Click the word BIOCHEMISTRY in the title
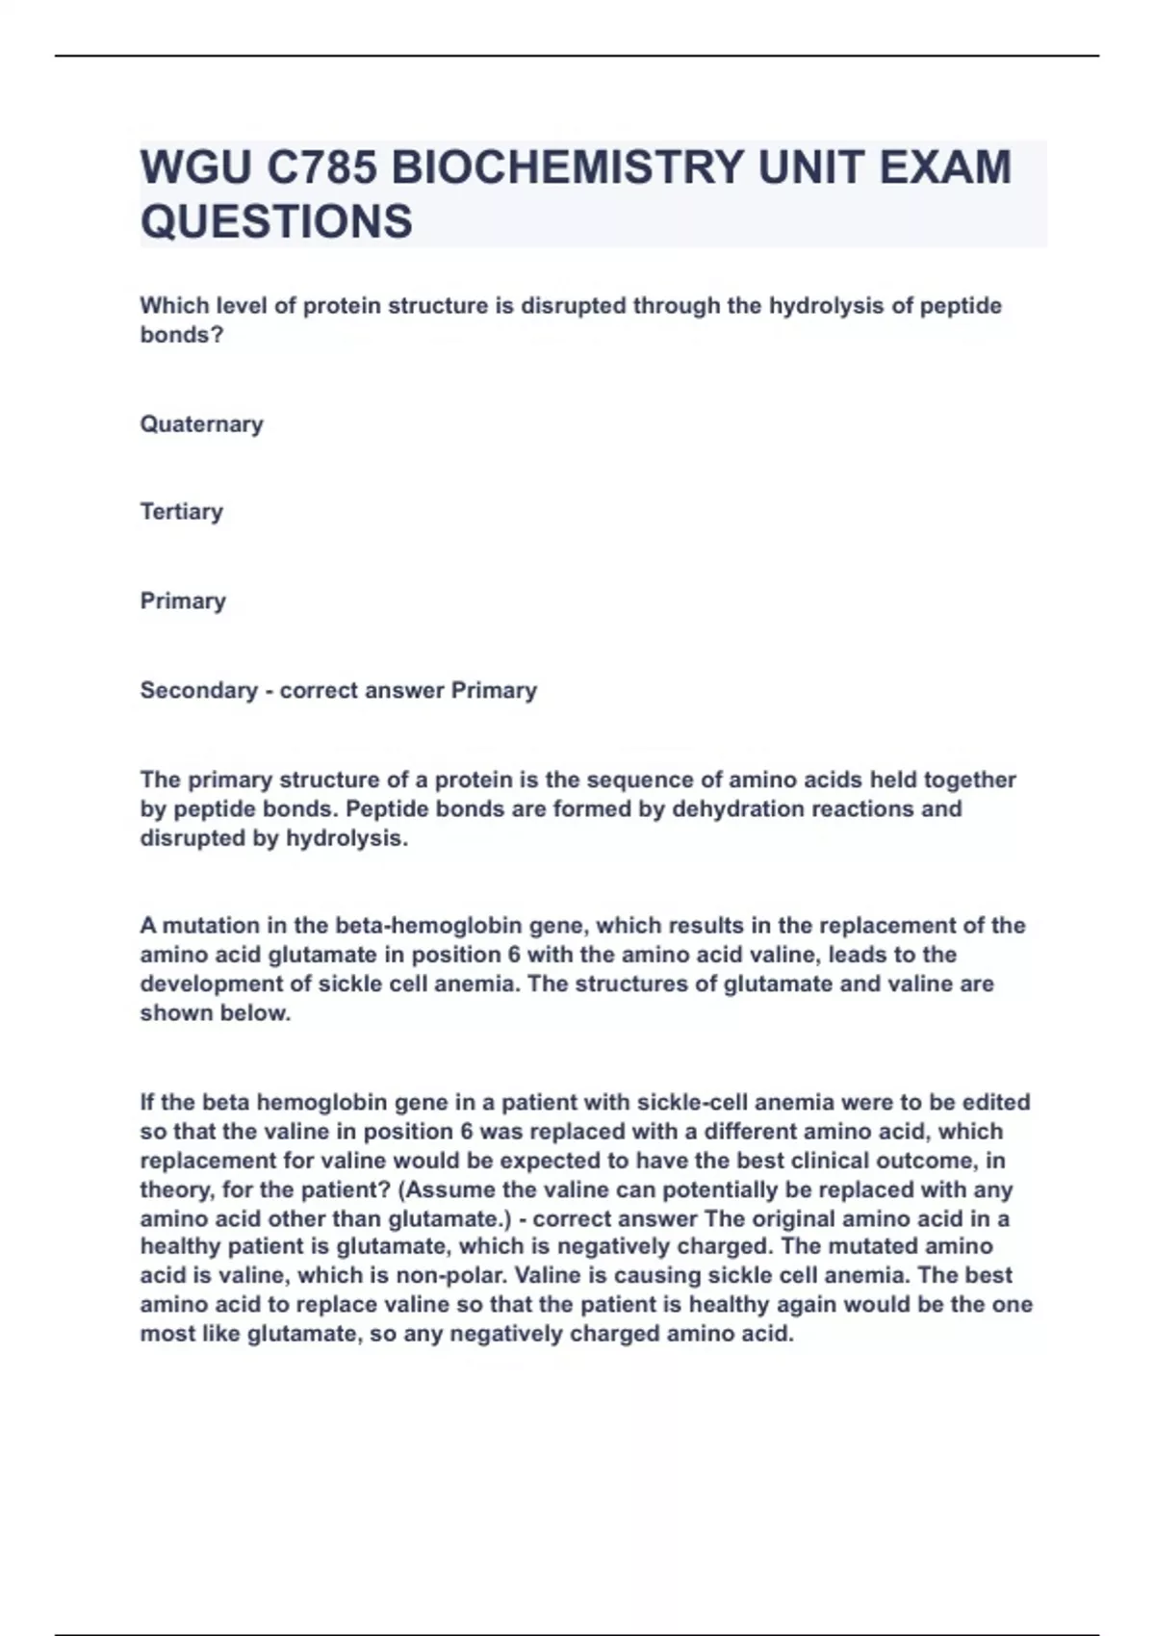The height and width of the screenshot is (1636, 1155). pos(567,167)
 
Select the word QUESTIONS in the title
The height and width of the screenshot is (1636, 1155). pos(276,221)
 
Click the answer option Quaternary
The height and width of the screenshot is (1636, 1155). pos(201,424)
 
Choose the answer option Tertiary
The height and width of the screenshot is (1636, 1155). pos(181,511)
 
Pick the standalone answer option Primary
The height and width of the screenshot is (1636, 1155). pos(183,601)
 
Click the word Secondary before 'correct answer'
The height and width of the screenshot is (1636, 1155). pos(198,690)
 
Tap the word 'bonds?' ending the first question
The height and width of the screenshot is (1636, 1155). pos(181,335)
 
